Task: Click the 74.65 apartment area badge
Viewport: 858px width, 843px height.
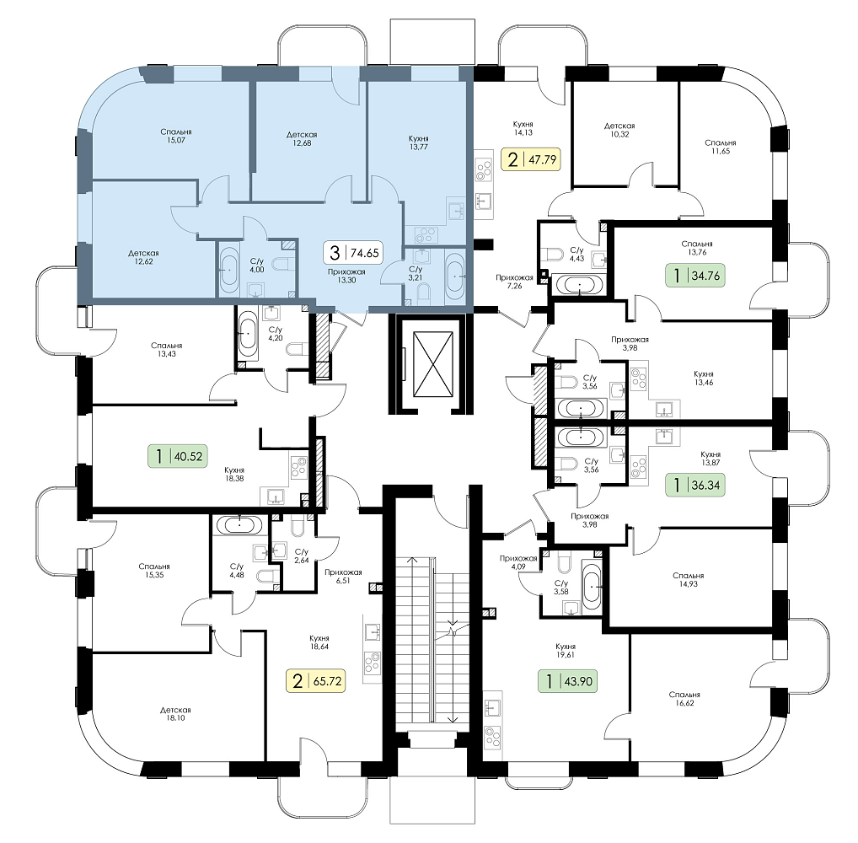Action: click(354, 252)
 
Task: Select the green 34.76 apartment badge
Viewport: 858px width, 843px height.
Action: click(695, 276)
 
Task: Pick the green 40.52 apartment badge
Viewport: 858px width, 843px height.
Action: click(179, 456)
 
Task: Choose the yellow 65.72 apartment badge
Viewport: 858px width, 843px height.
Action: click(316, 681)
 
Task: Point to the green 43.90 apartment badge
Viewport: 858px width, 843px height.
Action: click(567, 681)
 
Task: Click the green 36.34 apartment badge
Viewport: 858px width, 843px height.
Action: click(695, 485)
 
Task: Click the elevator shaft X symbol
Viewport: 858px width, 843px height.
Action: click(434, 364)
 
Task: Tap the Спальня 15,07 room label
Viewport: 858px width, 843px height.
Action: click(176, 137)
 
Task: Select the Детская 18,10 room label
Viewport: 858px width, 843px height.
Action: click(175, 714)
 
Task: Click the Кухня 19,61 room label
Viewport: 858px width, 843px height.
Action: click(565, 650)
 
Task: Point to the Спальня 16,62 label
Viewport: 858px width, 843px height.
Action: click(684, 699)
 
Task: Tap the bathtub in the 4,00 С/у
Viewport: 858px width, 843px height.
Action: click(229, 270)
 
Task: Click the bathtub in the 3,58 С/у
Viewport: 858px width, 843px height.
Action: click(592, 585)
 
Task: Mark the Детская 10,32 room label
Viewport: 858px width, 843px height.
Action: click(620, 130)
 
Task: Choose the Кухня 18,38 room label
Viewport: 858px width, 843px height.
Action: click(234, 474)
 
